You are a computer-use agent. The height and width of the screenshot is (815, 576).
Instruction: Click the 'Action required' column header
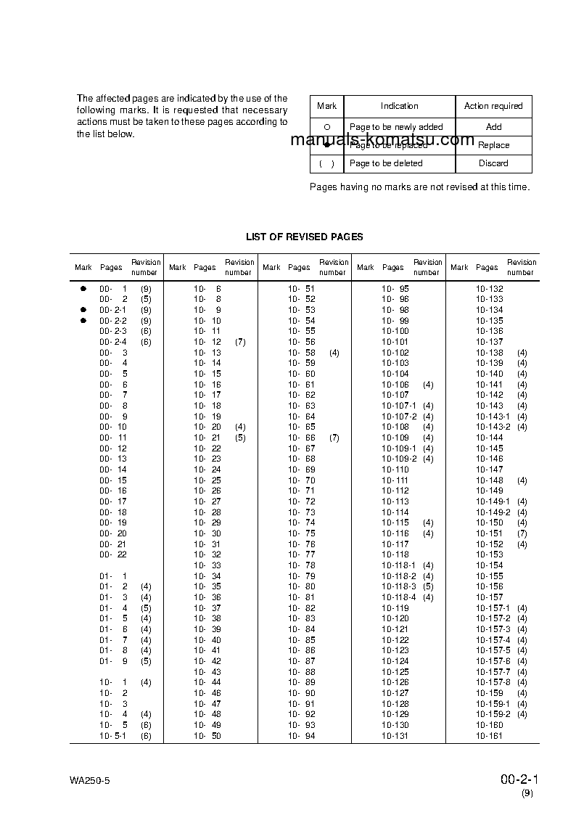pos(493,106)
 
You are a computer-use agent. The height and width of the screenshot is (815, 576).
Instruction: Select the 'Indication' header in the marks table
pos(399,106)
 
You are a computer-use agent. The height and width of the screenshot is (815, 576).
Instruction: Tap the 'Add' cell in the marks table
pos(493,127)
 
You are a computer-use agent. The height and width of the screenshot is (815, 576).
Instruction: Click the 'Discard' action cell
pos(493,163)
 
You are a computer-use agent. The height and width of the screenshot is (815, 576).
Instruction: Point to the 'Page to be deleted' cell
pos(386,163)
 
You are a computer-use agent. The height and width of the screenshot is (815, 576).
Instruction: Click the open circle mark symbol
pos(326,127)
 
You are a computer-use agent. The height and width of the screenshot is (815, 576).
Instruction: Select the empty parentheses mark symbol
pos(326,163)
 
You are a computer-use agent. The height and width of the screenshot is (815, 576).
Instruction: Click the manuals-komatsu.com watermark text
pos(382,141)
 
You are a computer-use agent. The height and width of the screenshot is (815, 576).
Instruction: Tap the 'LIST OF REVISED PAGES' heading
pos(305,237)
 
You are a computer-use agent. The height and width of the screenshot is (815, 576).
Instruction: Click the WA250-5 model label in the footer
pos(89,781)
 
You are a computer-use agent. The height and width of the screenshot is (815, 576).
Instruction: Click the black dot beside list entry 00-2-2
pos(83,321)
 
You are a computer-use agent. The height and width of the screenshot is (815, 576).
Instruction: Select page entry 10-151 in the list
pos(490,533)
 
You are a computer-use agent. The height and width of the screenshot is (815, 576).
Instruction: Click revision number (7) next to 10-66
pos(334,438)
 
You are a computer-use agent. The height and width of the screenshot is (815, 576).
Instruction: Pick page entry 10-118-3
pos(399,586)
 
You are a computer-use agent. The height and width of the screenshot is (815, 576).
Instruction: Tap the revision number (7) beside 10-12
pos(240,342)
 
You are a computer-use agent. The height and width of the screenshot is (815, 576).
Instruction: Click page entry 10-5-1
pos(113,736)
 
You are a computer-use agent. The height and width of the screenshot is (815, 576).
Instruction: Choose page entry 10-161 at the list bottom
pos(490,736)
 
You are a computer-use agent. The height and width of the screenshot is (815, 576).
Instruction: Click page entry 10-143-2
pos(493,427)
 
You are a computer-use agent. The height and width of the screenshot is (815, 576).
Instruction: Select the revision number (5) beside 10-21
pos(240,438)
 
